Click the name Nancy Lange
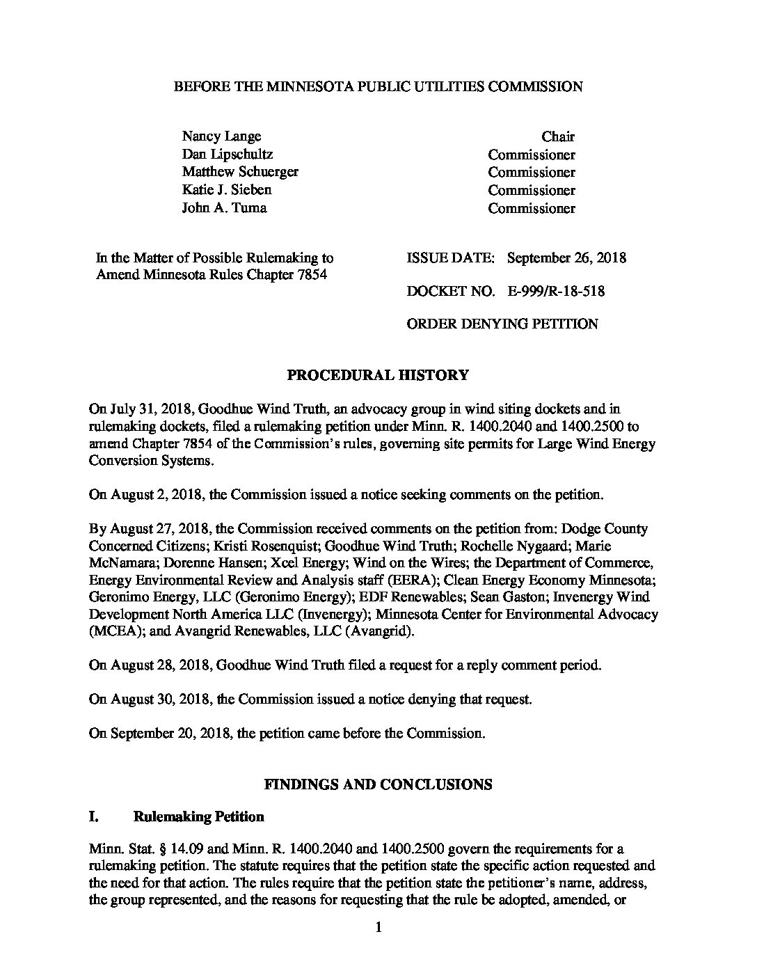pyautogui.click(x=221, y=136)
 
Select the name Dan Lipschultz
pyautogui.click(x=227, y=155)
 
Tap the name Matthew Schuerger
pyautogui.click(x=240, y=172)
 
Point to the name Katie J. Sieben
pyautogui.click(x=227, y=190)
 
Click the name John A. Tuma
pyautogui.click(x=224, y=208)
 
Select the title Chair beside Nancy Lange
pyautogui.click(x=558, y=137)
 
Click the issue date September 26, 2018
pyautogui.click(x=566, y=258)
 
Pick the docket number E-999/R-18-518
pyautogui.click(x=556, y=291)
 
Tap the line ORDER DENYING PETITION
pyautogui.click(x=502, y=324)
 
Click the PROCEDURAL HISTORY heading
pyautogui.click(x=378, y=376)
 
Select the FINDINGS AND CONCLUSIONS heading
pyautogui.click(x=378, y=784)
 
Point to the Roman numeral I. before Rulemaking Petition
pyautogui.click(x=95, y=816)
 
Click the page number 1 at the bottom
pyautogui.click(x=378, y=927)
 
